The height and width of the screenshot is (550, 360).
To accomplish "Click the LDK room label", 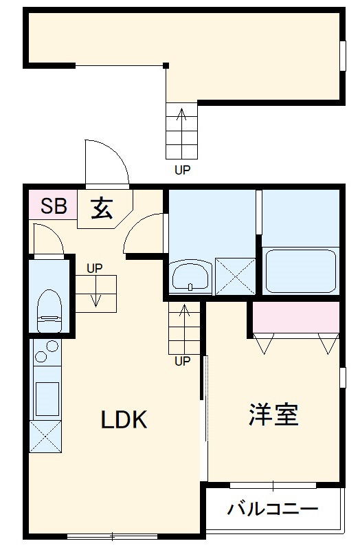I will click(x=124, y=419).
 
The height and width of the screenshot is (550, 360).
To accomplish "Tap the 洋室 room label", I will click(x=273, y=415).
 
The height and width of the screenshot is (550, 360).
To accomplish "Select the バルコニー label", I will click(x=273, y=510).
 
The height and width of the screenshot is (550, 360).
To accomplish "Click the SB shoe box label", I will click(x=54, y=206).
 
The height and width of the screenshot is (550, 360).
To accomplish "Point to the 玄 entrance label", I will click(x=102, y=207).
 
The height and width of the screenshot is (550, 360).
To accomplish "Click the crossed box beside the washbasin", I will click(x=234, y=276).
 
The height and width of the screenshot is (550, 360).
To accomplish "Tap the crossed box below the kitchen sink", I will click(x=45, y=436).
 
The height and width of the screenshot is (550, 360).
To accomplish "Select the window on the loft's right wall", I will click(x=343, y=56).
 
